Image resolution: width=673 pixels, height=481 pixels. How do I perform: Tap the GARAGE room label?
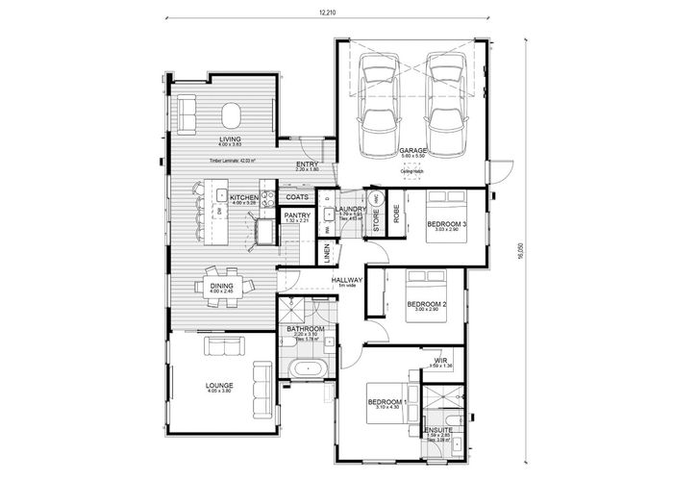click(x=413, y=151)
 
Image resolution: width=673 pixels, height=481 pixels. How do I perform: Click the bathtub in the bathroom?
click(x=307, y=369)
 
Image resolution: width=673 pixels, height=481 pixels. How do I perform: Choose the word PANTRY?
click(x=297, y=215)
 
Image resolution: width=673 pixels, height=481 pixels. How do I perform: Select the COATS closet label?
click(x=297, y=197)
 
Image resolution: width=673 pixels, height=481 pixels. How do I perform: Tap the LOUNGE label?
click(x=219, y=385)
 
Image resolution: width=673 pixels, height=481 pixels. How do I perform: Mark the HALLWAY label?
click(x=347, y=281)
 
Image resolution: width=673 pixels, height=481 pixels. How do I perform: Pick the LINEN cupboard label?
click(x=328, y=253)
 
